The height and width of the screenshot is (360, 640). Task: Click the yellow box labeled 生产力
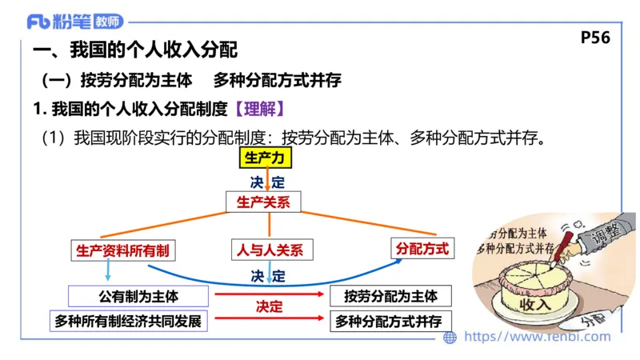[x=262, y=158]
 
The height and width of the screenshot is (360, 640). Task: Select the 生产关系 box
[x=263, y=202]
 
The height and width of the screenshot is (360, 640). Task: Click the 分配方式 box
[x=422, y=249]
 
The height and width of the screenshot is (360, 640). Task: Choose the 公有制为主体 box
[x=138, y=296]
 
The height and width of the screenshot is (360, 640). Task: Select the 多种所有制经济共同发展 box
[x=128, y=321]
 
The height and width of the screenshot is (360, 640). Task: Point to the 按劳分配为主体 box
[x=391, y=296]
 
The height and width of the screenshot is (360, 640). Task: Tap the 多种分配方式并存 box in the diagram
[x=391, y=321]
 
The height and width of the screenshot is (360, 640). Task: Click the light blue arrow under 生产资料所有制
[x=86, y=270]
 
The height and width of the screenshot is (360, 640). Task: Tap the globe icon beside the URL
[x=450, y=338]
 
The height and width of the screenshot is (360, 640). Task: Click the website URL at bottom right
[x=536, y=337]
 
